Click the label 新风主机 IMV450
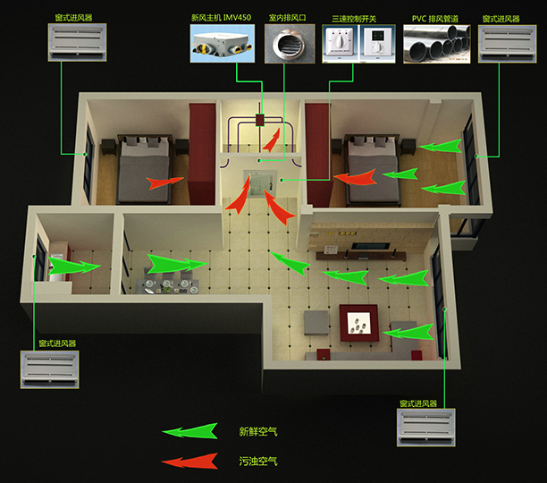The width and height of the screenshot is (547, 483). [221, 18]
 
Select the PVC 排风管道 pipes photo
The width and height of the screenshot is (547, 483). [437, 44]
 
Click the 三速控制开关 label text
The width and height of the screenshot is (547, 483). [354, 19]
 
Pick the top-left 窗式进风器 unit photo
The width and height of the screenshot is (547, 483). [77, 43]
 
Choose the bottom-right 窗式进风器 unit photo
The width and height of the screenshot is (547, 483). [426, 428]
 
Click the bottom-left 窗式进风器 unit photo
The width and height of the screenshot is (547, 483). [49, 369]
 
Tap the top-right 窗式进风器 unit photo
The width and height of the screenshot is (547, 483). [508, 44]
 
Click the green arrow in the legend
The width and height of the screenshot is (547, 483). [190, 431]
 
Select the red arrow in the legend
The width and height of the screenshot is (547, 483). [190, 462]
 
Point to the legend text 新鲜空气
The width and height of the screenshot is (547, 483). [258, 432]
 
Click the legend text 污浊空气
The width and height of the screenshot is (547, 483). [258, 462]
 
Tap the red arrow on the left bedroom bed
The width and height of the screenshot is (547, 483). [164, 182]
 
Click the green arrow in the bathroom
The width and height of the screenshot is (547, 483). [74, 266]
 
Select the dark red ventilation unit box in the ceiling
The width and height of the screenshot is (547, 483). [260, 120]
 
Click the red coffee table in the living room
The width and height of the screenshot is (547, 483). [359, 323]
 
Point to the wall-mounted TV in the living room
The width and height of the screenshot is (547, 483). [371, 246]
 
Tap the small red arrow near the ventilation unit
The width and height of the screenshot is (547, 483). [272, 140]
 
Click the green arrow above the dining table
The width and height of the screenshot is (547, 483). [177, 264]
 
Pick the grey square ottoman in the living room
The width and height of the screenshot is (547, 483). [316, 323]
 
